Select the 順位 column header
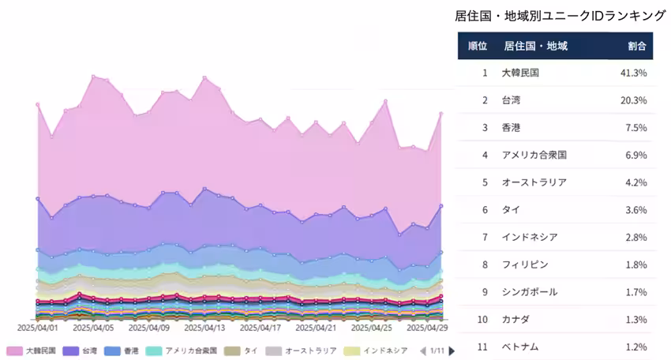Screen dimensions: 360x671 point(477,46)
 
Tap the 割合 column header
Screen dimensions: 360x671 point(637,46)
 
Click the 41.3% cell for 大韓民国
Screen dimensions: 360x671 point(635,73)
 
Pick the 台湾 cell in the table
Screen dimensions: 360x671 point(512,100)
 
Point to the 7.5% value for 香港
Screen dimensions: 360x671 point(636,128)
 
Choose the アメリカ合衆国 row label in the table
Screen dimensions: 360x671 point(534,155)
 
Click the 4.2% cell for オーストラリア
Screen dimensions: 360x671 point(636,182)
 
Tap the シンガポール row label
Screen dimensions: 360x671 point(529,292)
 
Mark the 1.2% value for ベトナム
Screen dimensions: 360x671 point(636,347)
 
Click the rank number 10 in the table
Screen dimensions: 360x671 point(484,319)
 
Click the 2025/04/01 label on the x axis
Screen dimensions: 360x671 point(38,326)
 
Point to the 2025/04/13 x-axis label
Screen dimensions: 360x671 point(204,326)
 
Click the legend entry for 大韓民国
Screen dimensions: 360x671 point(32,351)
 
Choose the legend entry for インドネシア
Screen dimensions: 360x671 point(377,351)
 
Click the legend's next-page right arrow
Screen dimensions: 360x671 point(451,351)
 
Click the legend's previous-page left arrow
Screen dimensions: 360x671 point(422,351)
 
